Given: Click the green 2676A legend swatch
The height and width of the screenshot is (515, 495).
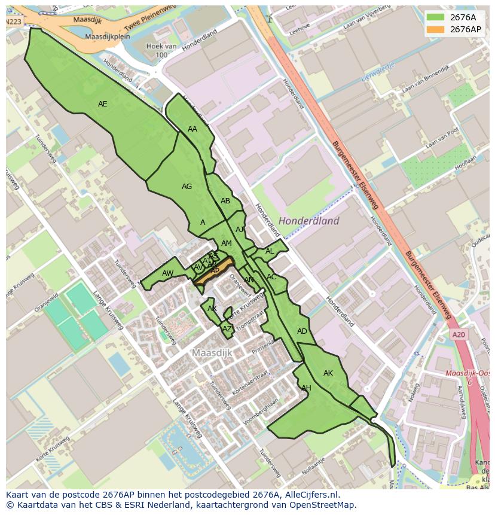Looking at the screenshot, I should click(435, 17).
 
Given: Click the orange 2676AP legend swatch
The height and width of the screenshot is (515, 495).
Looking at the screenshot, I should click(435, 29).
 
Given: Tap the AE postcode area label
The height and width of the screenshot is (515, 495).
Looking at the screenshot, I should click(103, 104).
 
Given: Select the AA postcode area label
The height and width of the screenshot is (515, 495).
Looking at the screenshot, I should click(192, 129).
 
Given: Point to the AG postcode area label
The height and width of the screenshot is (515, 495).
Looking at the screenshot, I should click(187, 187).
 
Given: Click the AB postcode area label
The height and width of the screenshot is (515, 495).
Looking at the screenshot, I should click(225, 201).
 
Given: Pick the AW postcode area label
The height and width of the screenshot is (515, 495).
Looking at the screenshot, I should click(168, 273).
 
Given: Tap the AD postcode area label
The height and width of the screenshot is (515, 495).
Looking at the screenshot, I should click(302, 331).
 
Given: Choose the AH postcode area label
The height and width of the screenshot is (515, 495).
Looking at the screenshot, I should click(306, 388).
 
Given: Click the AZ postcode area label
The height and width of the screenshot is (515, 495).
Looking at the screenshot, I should click(227, 328).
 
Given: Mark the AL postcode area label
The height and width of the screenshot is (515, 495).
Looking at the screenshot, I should click(270, 251).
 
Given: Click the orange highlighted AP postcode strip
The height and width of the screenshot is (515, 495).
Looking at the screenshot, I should click(213, 271).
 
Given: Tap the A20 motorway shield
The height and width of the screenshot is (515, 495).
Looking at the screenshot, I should click(459, 335).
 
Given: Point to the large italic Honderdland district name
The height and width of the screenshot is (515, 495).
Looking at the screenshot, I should click(308, 221).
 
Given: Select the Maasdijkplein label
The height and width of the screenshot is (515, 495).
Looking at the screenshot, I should click(108, 36).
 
